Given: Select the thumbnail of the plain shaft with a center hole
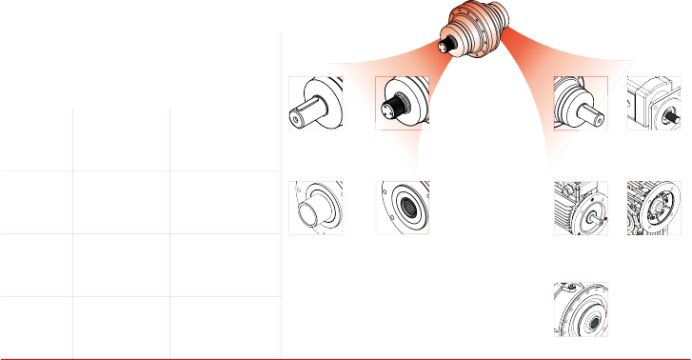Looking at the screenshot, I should [x=315, y=103].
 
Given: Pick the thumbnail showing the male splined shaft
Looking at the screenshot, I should [x=402, y=103].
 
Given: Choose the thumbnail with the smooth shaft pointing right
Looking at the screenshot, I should [x=581, y=103].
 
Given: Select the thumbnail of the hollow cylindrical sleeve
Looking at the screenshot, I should [x=315, y=207].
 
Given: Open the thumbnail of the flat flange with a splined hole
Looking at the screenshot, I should [x=402, y=207].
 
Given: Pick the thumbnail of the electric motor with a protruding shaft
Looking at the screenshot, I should [x=581, y=207].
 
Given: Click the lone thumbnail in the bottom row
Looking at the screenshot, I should [x=581, y=308].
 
